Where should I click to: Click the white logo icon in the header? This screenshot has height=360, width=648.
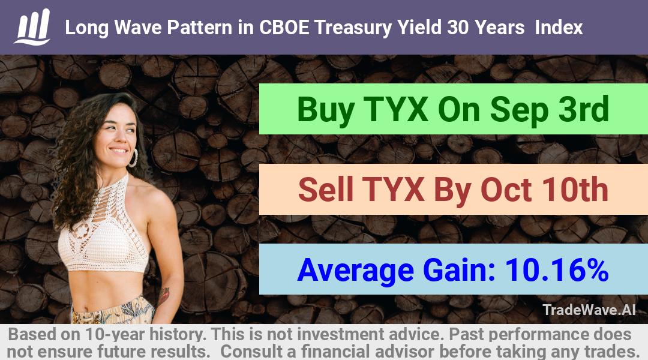click(32, 27)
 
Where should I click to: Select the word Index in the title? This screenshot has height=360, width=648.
click(559, 28)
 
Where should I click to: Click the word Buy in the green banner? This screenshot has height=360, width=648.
click(326, 110)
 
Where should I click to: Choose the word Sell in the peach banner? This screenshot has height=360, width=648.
click(326, 189)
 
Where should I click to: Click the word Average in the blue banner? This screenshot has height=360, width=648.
click(355, 271)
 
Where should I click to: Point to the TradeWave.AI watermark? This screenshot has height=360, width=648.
click(589, 310)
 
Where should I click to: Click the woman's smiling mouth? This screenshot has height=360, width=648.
click(119, 151)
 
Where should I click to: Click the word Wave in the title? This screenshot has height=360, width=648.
click(138, 28)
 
